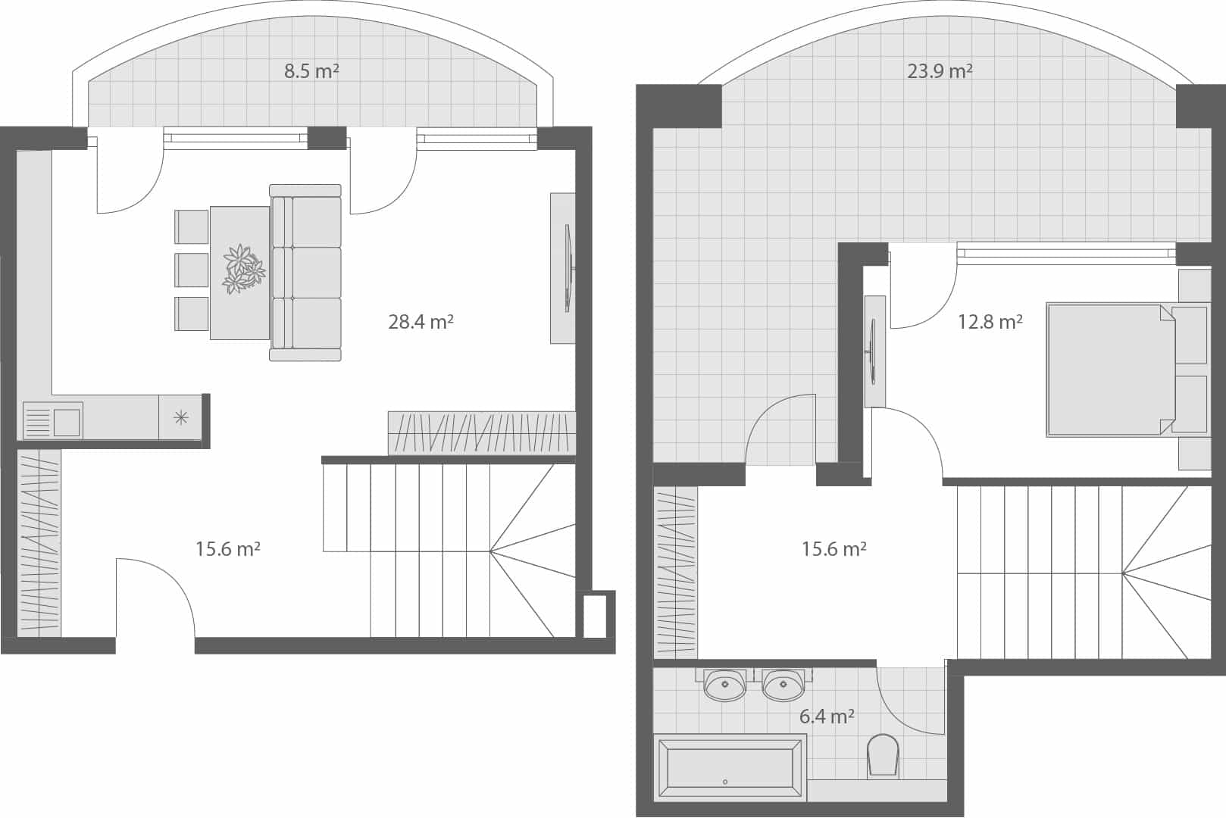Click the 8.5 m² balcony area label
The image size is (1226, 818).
point(311,72)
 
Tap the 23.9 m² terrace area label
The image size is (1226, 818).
point(940,71)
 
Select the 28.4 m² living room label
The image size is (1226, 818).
point(421,322)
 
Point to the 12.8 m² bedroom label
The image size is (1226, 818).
point(990,322)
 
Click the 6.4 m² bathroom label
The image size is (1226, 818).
point(827,716)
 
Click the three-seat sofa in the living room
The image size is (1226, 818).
point(306,273)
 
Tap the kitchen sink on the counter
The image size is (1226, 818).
point(66,422)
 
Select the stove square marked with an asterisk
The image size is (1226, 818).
point(180,417)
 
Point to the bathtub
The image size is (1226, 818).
point(730,769)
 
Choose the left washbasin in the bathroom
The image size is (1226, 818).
point(725,686)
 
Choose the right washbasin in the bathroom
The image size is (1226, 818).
point(783,686)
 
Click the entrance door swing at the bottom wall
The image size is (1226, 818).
point(156,598)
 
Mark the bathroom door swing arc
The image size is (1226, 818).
point(909,701)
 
